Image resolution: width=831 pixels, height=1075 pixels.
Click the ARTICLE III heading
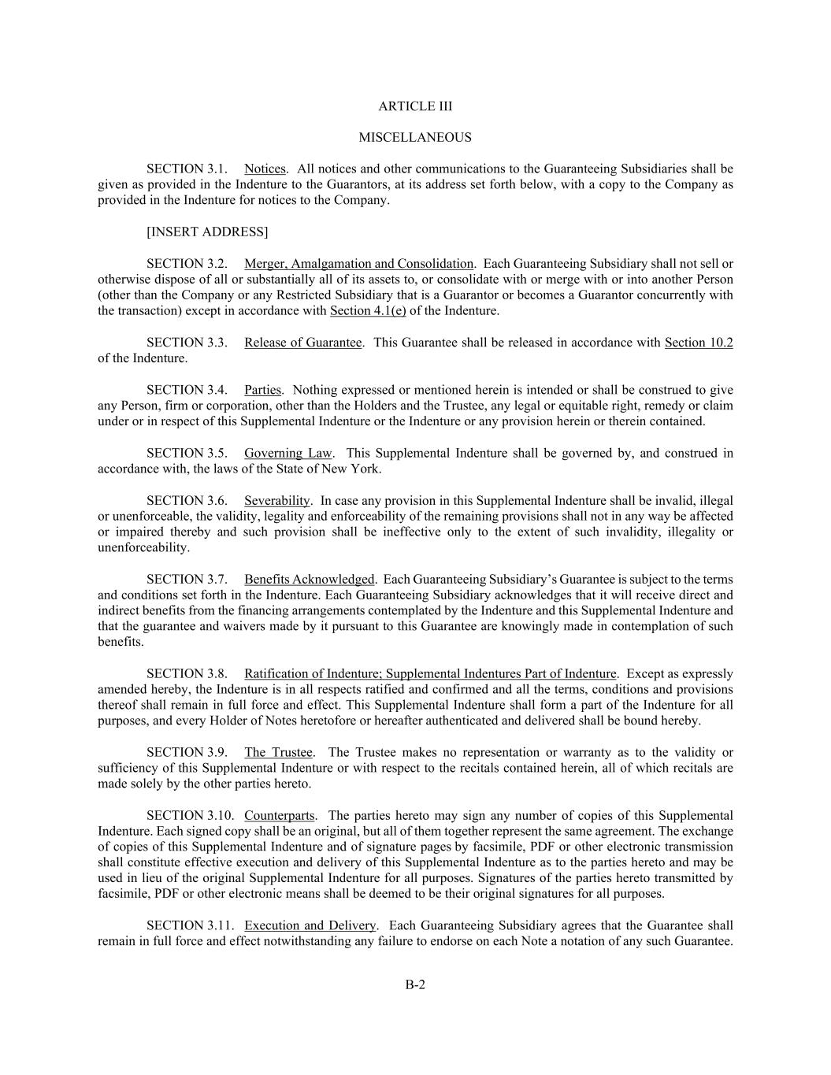pos(415,106)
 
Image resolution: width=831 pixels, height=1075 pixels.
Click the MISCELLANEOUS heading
pos(415,138)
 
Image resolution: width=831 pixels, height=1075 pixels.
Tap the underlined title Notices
pos(265,169)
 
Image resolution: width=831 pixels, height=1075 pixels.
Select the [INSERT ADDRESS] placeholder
pos(207,232)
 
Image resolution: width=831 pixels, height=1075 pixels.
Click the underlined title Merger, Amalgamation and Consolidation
pos(358,264)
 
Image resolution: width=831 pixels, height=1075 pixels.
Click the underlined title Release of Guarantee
pos(302,343)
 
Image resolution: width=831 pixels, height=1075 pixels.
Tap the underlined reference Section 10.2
pos(698,343)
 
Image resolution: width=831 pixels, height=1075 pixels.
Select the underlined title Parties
pos(262,390)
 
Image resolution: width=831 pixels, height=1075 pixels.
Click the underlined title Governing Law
pos(288,453)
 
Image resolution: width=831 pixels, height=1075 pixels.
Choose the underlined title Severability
pos(276,500)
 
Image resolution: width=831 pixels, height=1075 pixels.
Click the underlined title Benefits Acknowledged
pos(309,579)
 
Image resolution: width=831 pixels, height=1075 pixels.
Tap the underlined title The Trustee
pos(278,752)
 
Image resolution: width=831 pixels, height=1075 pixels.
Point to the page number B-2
pos(415,984)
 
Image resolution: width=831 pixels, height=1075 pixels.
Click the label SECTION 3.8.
pos(187,673)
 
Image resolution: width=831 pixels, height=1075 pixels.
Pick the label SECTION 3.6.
pos(187,500)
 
